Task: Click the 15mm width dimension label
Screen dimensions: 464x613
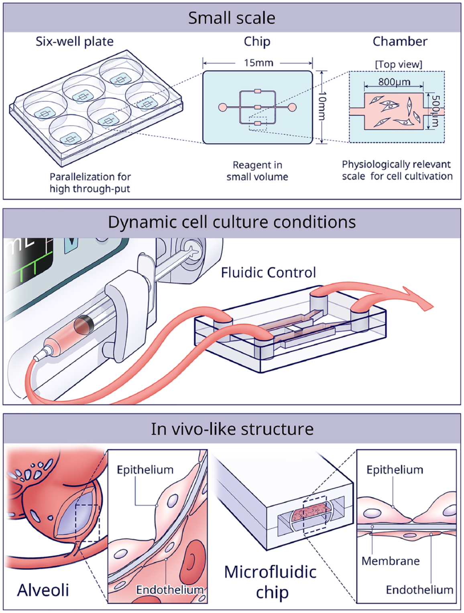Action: click(x=258, y=63)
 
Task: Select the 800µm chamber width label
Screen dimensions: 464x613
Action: click(x=395, y=82)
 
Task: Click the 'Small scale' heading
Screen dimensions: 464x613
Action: click(x=232, y=18)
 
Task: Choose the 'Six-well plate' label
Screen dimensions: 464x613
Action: click(x=75, y=41)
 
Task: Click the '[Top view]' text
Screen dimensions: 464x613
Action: click(x=398, y=64)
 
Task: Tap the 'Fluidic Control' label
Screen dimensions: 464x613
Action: click(x=269, y=272)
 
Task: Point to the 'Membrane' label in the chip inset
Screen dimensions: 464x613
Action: click(x=391, y=560)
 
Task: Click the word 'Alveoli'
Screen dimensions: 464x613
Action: click(x=43, y=590)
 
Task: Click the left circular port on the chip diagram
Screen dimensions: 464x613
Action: click(x=222, y=107)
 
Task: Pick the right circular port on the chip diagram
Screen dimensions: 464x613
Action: click(x=292, y=107)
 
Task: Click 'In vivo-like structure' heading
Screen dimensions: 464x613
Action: click(x=232, y=429)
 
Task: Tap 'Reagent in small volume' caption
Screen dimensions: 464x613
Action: click(x=257, y=171)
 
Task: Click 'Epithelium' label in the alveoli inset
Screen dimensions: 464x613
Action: click(x=145, y=470)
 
